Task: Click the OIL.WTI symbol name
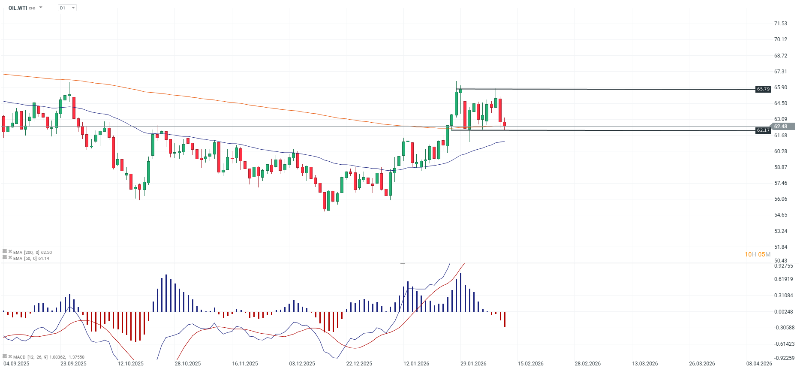[x=18, y=8]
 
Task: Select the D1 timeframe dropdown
[x=67, y=8]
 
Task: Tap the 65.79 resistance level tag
[x=763, y=89]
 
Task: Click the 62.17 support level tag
[x=763, y=130]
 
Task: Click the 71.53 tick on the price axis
[x=780, y=24]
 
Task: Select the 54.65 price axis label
[x=780, y=215]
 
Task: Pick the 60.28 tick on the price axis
[x=780, y=151]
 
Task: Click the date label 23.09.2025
[x=73, y=364]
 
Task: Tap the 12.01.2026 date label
[x=416, y=364]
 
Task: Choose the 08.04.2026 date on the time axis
[x=759, y=364]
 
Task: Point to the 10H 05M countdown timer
[x=758, y=254]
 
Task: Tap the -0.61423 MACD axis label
[x=784, y=344]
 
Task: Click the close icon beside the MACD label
[x=10, y=356]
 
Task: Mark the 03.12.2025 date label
[x=302, y=364]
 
